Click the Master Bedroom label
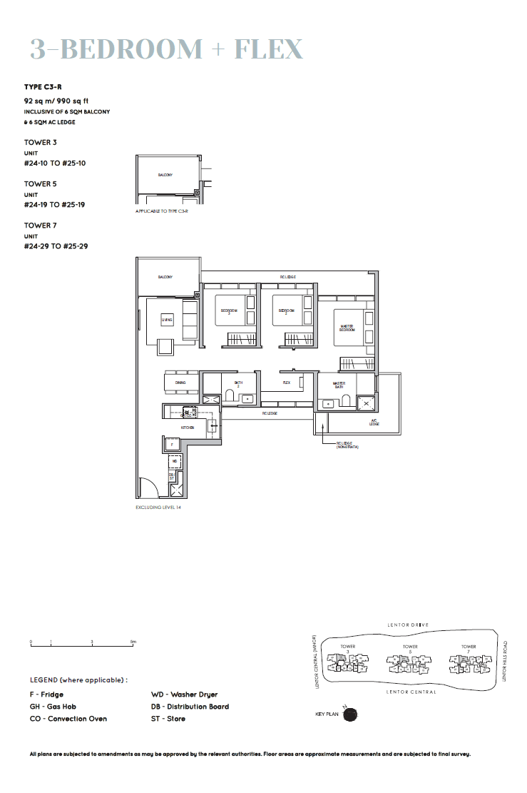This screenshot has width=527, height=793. click(x=347, y=328)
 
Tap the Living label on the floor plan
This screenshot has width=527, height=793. click(x=167, y=320)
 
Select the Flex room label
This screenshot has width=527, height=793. click(x=287, y=383)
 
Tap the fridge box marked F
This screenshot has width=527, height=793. click(x=172, y=444)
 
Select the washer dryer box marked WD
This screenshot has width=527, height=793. click(x=175, y=461)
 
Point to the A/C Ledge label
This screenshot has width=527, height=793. click(x=374, y=423)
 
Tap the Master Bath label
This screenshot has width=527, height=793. click(x=339, y=385)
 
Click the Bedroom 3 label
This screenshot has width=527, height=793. click(x=229, y=311)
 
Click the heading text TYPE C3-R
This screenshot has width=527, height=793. click(x=43, y=86)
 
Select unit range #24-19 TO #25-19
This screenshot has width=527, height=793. click(x=56, y=205)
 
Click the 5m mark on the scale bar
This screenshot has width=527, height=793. click(x=133, y=642)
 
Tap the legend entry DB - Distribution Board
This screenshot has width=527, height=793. click(x=190, y=707)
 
